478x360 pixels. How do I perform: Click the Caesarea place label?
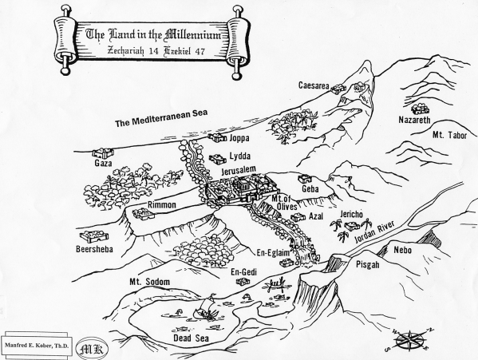point(314,85)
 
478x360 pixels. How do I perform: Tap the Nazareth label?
point(415,120)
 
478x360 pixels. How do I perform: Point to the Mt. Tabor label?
point(449,135)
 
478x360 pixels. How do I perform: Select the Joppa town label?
point(239,138)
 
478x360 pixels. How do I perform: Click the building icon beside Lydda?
point(217,159)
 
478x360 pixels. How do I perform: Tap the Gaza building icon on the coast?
point(103,153)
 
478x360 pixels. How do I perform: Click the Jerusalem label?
point(239,169)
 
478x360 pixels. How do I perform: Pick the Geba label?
point(310,189)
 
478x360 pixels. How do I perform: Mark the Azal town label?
point(316,216)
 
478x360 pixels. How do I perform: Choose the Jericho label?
point(351,214)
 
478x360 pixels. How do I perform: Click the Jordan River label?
point(374,232)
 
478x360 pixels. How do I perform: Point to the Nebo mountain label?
point(403,251)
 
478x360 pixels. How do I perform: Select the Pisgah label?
point(368,264)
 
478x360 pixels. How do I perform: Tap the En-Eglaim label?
point(273,253)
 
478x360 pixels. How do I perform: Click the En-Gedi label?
point(243,272)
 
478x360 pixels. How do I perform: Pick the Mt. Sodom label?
point(150,281)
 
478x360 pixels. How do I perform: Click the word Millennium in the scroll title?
point(192,35)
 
